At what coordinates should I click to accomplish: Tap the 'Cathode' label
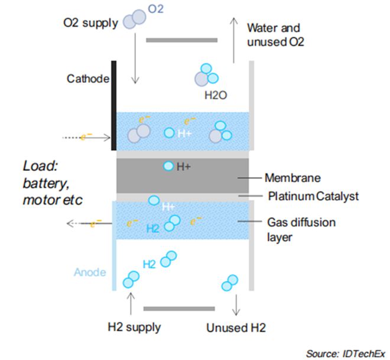[x=87, y=79]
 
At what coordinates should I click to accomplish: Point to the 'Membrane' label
[x=292, y=177]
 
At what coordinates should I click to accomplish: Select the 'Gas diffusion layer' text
[x=301, y=229]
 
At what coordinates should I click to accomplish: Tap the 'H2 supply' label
[x=134, y=326]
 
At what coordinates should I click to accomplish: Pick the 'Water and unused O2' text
[x=274, y=34]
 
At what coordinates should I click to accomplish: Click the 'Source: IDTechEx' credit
[x=343, y=353]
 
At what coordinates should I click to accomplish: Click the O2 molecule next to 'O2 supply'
[x=135, y=19]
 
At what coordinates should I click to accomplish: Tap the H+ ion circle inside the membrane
[x=168, y=166]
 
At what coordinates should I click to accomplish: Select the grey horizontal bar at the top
[x=181, y=40]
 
